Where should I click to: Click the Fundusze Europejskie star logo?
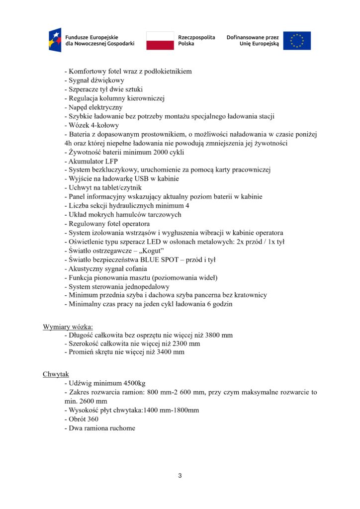55,40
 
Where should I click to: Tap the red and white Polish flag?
160,41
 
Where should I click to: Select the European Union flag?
297,41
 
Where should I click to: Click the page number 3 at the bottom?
180,476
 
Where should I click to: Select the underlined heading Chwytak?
56,374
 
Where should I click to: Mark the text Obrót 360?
83,419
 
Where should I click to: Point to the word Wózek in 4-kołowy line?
79,125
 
